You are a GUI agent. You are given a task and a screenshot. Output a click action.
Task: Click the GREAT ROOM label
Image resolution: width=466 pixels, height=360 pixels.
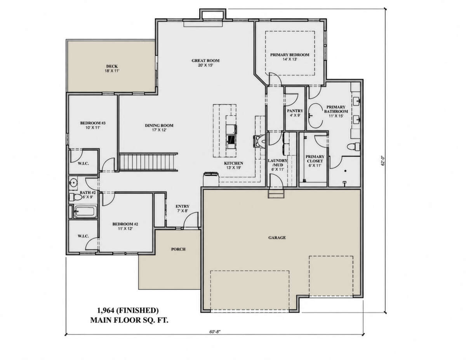click(205, 61)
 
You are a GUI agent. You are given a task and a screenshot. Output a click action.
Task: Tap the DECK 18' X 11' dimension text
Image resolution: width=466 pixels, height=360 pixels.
click(112, 71)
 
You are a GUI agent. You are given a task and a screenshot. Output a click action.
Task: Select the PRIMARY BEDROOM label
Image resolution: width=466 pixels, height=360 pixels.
click(290, 55)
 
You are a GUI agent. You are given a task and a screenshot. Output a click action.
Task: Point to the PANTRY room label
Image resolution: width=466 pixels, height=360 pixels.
click(295, 111)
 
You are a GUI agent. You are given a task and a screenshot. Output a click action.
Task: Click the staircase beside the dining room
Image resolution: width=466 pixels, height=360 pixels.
click(148, 162)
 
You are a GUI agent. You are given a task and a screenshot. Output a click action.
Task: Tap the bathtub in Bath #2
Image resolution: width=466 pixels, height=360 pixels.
click(85, 212)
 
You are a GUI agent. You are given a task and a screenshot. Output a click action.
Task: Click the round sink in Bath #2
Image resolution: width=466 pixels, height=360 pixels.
click(73, 184)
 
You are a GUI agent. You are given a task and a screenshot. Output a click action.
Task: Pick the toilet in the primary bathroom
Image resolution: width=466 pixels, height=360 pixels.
click(353, 147)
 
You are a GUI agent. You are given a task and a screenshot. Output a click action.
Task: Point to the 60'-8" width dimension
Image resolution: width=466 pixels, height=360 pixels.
click(215, 332)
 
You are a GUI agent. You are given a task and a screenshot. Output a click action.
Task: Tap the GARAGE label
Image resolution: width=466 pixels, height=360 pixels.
click(277, 238)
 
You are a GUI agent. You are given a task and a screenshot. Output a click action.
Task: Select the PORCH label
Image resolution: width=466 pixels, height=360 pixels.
click(178, 249)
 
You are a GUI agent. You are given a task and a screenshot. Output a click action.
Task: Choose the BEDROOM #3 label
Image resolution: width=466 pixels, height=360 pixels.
click(93, 123)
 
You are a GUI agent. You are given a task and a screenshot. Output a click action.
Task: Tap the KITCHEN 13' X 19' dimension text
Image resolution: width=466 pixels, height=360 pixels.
click(233, 168)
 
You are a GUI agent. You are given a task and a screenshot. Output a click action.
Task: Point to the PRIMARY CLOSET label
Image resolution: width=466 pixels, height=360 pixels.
click(315, 159)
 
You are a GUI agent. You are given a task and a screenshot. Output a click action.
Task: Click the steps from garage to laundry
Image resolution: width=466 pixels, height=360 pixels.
click(276, 194)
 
